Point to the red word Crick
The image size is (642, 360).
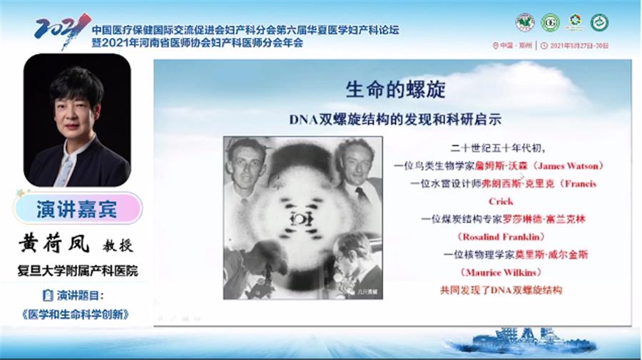[x=501, y=201]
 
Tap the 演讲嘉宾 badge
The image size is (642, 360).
[x=77, y=209]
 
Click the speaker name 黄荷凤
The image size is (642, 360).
[x=54, y=245]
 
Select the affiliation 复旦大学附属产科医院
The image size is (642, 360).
[x=78, y=271]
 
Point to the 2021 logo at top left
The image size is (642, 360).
[x=61, y=29]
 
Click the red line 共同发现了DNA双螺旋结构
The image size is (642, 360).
[x=502, y=290]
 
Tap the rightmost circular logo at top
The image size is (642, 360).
[x=599, y=22]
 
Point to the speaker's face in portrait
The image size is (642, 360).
[x=76, y=108]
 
